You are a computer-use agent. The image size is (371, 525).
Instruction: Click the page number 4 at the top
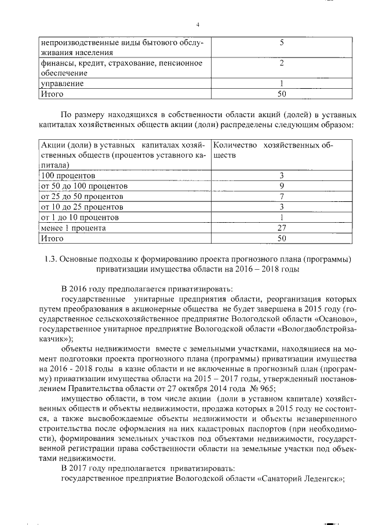coord(198,24)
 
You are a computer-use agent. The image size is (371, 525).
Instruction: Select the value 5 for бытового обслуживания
coord(281,43)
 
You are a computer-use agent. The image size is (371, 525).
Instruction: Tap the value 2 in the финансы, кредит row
coord(281,63)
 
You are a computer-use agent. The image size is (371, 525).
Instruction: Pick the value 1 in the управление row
coord(281,84)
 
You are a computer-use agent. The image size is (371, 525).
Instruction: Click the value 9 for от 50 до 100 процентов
coord(281,186)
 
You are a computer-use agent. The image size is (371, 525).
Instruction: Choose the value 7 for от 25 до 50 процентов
coord(281,196)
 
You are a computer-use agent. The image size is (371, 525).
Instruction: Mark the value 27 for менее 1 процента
coord(281,228)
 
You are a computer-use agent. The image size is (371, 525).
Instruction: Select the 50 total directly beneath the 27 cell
coord(281,238)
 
